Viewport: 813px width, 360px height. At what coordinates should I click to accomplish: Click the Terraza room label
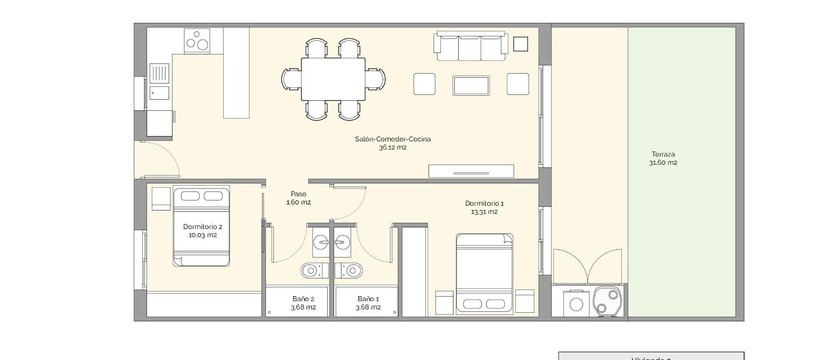coord(663,154)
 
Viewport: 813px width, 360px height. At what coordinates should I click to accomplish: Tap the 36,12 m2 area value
coord(393,148)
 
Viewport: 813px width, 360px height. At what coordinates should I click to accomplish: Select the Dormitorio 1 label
coord(484,203)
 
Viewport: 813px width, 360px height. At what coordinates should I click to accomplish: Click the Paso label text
coord(299,194)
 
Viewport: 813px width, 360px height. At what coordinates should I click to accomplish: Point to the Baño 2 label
coord(303,299)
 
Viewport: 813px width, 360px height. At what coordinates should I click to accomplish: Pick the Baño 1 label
coord(368,299)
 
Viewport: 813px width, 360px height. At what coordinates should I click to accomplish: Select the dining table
coord(333,79)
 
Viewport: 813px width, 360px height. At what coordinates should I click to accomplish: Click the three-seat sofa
coord(470,47)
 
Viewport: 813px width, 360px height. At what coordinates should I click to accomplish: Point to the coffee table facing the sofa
coord(471,86)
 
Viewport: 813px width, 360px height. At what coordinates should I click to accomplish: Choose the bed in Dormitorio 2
coord(202,227)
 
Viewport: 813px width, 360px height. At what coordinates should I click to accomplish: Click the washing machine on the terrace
coord(576,304)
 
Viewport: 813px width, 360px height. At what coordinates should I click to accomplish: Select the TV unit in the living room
coord(471,171)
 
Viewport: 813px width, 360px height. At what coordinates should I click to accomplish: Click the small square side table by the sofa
coord(520,44)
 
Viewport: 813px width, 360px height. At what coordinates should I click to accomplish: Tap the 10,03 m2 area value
coord(202,235)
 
